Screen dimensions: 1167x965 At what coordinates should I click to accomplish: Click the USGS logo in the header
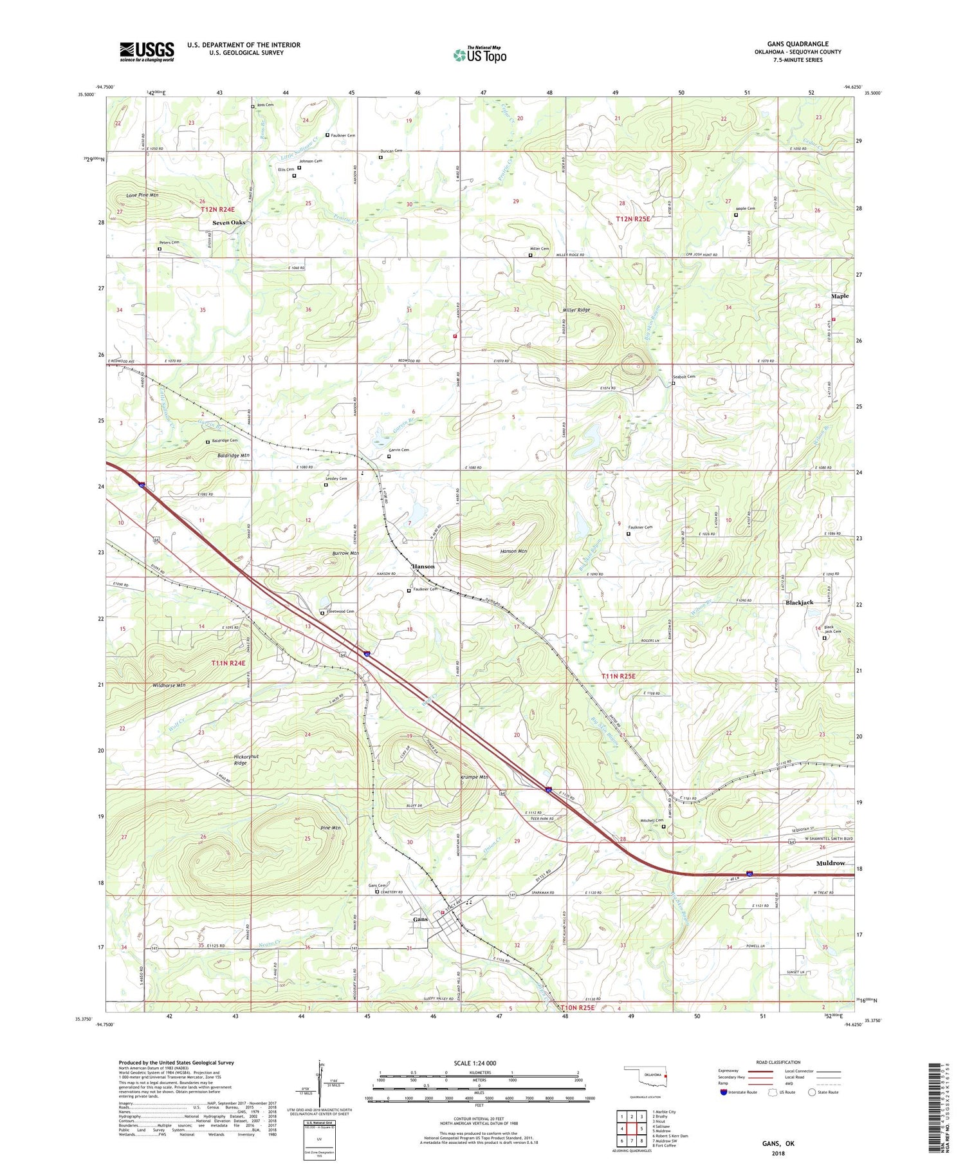pyautogui.click(x=147, y=51)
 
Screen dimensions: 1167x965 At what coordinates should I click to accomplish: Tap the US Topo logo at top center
pyautogui.click(x=479, y=55)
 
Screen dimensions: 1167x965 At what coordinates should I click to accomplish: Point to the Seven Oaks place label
pyautogui.click(x=229, y=222)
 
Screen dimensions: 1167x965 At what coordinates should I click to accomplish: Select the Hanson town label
pyautogui.click(x=423, y=566)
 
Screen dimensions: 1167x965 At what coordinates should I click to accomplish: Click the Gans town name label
pyautogui.click(x=420, y=919)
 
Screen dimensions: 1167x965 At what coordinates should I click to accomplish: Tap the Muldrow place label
pyautogui.click(x=831, y=863)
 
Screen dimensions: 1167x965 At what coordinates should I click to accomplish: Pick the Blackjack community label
pyautogui.click(x=799, y=602)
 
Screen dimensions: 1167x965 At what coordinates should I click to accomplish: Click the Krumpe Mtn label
pyautogui.click(x=474, y=777)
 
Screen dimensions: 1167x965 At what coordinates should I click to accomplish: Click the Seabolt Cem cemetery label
pyautogui.click(x=684, y=377)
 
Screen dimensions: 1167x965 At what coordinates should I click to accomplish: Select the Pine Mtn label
pyautogui.click(x=331, y=827)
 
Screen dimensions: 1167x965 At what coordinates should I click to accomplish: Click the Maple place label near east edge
pyautogui.click(x=840, y=296)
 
